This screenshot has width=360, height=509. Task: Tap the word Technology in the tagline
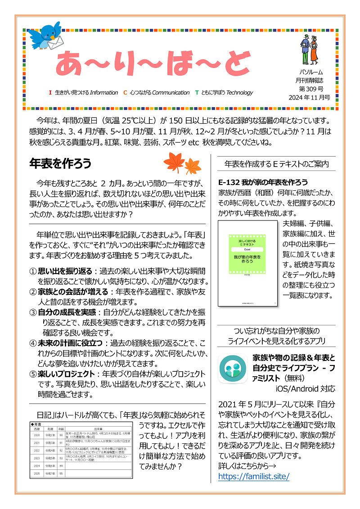[240, 93]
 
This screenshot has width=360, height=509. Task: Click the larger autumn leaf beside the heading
[171, 161]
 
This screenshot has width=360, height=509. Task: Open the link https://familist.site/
[253, 476]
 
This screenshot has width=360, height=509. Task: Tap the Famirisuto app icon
[232, 368]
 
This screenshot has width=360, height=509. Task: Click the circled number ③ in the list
[33, 312]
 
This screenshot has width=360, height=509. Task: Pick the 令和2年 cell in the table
[50, 435]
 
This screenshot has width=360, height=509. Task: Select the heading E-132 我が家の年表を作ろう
[263, 182]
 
